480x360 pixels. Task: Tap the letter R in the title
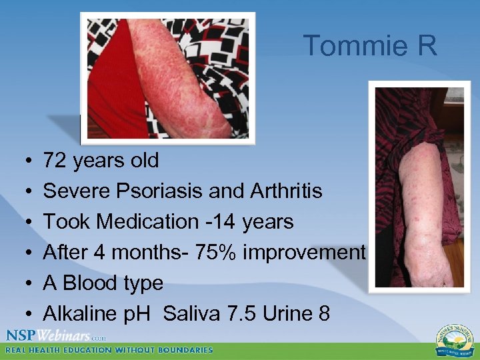coord(427,46)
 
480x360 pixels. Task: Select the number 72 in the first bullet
coord(55,161)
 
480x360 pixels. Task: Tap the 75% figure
coord(214,253)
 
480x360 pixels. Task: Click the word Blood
coord(93,283)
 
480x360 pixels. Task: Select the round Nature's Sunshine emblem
coord(452,339)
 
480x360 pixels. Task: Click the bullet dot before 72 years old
coord(23,161)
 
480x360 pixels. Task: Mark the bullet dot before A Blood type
coord(23,284)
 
